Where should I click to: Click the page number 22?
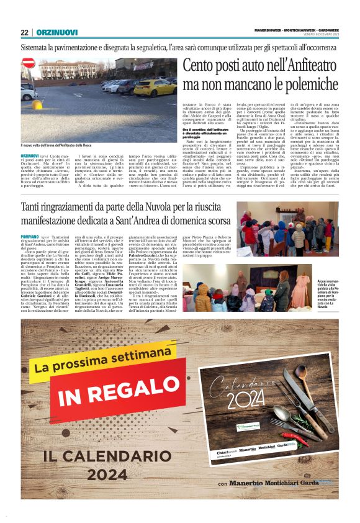click(x=24, y=32)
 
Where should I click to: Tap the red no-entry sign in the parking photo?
click(x=28, y=63)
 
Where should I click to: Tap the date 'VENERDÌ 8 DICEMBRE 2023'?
click(x=315, y=34)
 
